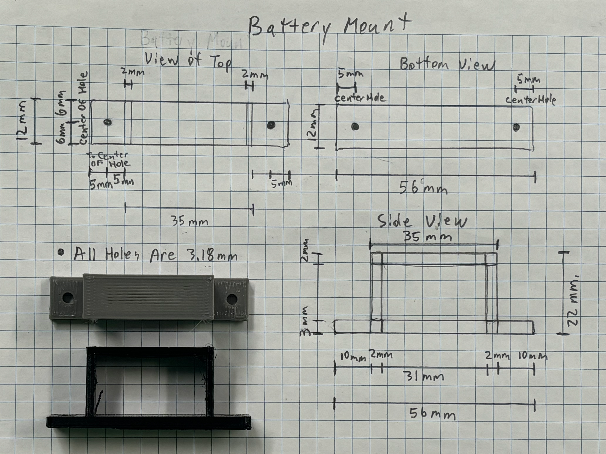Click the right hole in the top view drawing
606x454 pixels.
pyautogui.click(x=271, y=125)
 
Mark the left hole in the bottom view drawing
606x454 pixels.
pyautogui.click(x=355, y=126)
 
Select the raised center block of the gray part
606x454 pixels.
pyautogui.click(x=148, y=297)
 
